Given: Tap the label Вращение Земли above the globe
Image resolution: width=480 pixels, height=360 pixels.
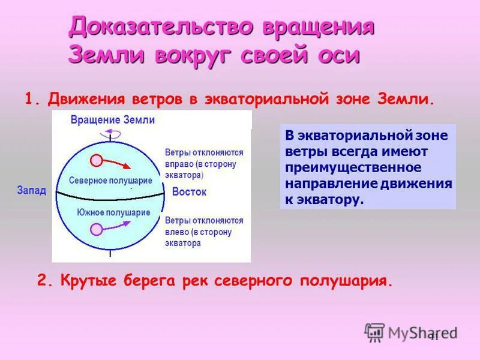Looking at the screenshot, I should point(113,120).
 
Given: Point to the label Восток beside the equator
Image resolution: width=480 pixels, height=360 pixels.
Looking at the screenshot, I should point(189,193).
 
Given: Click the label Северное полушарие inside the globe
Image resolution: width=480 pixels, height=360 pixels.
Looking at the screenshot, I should point(110,181).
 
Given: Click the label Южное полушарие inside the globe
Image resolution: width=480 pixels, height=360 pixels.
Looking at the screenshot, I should point(113,213).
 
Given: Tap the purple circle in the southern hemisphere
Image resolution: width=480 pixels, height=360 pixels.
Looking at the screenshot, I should point(95,229).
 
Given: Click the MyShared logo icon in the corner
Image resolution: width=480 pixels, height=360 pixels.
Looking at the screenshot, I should point(375,331).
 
